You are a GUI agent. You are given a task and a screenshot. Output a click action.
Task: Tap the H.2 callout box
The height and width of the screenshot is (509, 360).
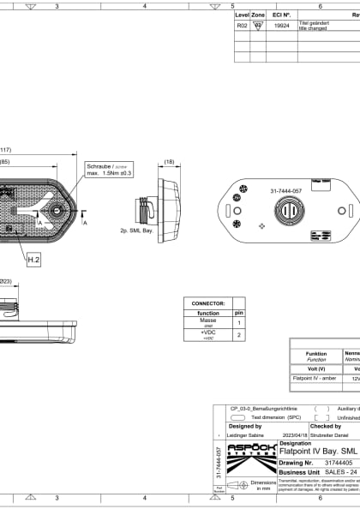(x=33, y=258)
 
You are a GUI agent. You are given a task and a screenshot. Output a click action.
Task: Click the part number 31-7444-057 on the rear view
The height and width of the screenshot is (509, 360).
(x=285, y=190)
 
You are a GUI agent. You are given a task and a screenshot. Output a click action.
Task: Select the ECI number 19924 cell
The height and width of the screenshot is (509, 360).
(x=281, y=27)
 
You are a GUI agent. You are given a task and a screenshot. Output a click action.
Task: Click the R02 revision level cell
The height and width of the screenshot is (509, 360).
(x=242, y=27)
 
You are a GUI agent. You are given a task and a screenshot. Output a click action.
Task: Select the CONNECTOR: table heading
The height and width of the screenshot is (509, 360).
(x=208, y=302)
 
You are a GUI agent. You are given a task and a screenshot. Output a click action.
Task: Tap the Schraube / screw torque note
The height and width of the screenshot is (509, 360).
(x=109, y=170)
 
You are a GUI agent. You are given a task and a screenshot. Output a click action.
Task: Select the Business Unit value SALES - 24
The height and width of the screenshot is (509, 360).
(x=330, y=471)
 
